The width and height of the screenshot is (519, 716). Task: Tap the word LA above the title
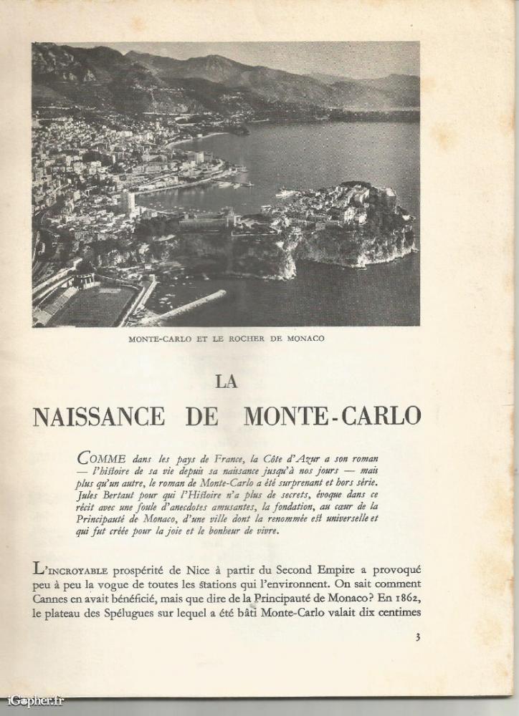(x=227, y=382)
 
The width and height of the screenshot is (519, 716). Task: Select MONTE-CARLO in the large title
(x=333, y=416)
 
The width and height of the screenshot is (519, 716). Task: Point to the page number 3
(x=417, y=637)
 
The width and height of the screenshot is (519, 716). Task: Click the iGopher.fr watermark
(x=35, y=700)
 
